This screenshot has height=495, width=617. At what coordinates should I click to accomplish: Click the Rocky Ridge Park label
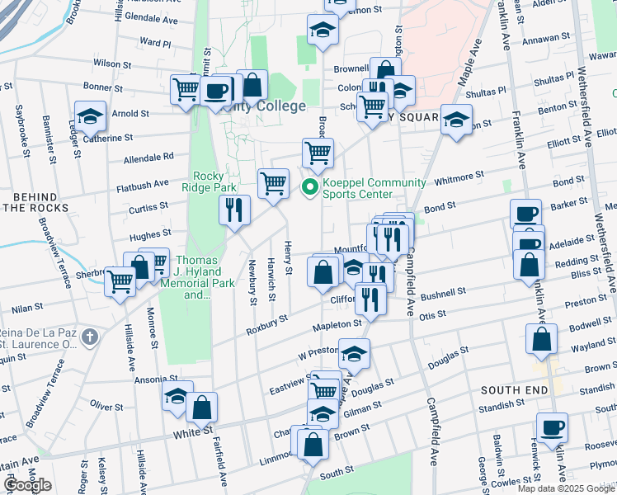[214, 181]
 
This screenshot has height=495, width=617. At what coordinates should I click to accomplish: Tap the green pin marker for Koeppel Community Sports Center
[310, 189]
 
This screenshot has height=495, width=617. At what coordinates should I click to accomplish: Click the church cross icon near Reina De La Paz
[90, 337]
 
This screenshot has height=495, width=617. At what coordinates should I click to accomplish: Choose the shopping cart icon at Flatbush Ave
[273, 182]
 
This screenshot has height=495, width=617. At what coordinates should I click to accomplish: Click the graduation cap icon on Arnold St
[91, 115]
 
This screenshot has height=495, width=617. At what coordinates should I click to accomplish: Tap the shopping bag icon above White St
[201, 407]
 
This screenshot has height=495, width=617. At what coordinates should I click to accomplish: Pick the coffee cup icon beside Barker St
[526, 214]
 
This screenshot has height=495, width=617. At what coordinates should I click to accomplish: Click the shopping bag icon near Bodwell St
[541, 339]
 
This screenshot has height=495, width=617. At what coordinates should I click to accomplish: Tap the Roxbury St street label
[266, 323]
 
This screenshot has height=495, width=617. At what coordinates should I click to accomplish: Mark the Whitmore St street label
[459, 177]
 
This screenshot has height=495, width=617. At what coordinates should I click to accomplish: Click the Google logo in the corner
[28, 485]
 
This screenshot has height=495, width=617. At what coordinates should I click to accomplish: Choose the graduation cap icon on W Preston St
[354, 353]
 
